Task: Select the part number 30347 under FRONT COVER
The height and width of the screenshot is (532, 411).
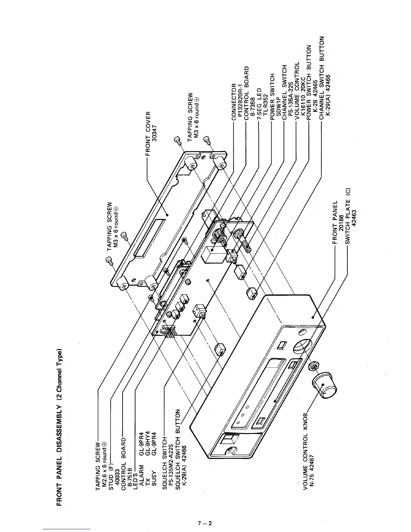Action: tap(154, 133)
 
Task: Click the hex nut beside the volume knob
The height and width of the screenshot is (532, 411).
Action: tap(314, 366)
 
